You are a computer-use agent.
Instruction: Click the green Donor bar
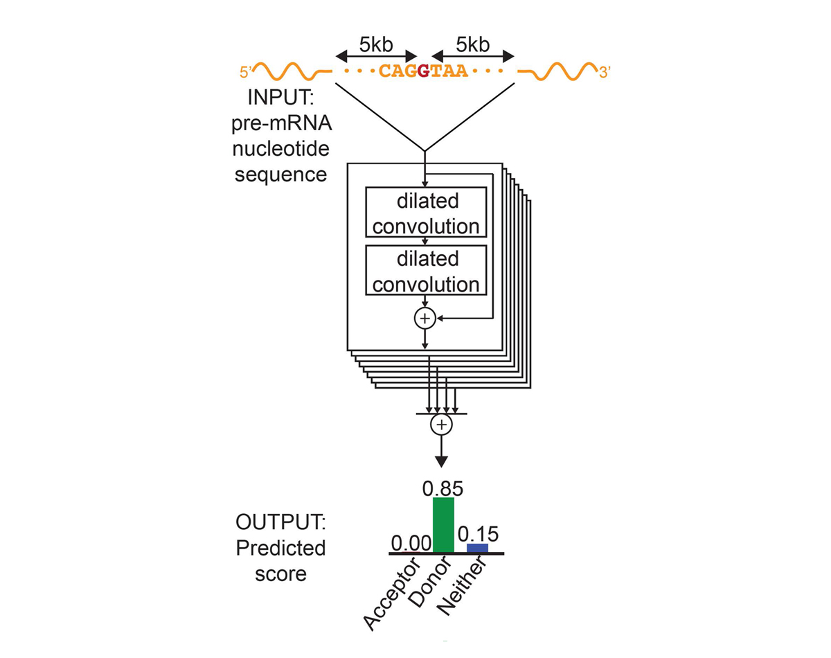pos(443,525)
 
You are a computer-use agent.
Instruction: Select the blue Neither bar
pos(477,548)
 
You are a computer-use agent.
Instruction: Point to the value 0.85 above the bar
pos(443,488)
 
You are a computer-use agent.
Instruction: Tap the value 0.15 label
pos(478,534)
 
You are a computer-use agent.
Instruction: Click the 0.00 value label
pos(411,543)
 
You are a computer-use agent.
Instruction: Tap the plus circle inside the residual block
pos(424,318)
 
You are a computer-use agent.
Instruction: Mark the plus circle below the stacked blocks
pos(441,425)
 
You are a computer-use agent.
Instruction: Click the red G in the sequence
pos(424,71)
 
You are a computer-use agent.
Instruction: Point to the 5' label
pos(246,71)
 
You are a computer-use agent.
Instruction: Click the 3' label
pos(605,71)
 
